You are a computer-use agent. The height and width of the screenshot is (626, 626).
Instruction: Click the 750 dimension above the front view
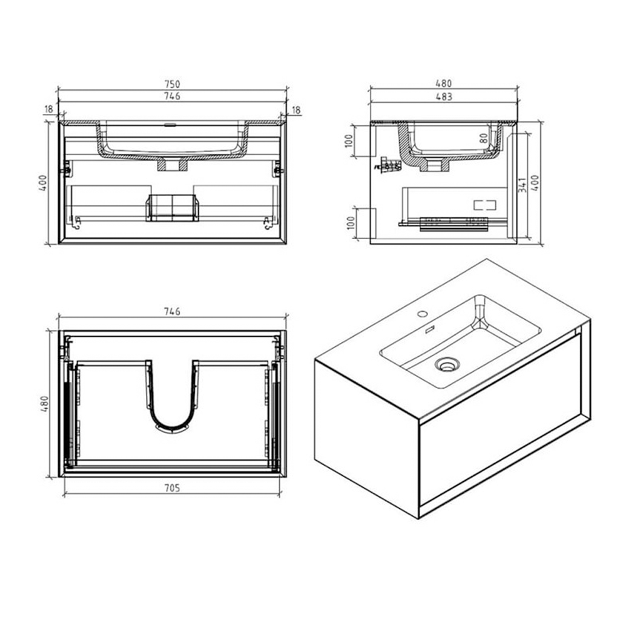click(x=172, y=84)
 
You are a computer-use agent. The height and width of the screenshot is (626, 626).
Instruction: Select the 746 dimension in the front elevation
click(x=172, y=96)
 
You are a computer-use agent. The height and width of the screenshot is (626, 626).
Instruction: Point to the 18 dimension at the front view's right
click(x=296, y=110)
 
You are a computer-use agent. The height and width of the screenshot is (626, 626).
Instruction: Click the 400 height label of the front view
click(x=42, y=183)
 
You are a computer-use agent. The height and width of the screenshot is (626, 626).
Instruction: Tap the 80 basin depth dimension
click(x=483, y=139)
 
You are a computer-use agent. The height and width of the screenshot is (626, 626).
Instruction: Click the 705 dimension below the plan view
click(x=172, y=489)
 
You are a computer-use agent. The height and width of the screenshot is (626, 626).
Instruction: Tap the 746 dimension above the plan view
click(x=172, y=311)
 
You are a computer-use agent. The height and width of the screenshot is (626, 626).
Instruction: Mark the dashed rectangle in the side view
click(x=484, y=205)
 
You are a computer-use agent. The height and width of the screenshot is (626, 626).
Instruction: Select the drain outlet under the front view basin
click(x=172, y=165)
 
